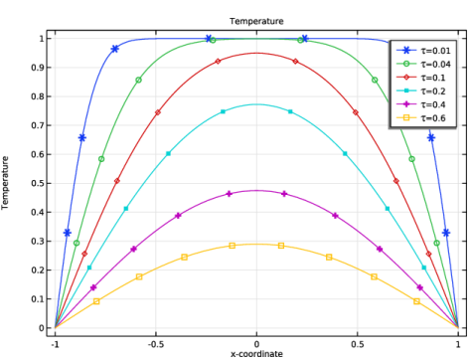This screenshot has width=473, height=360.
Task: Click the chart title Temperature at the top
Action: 256,21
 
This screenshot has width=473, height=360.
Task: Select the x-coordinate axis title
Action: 256,354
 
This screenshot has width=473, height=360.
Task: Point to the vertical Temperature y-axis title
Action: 5,183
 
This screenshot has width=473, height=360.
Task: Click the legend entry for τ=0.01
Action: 423,51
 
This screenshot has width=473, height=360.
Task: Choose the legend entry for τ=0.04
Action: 423,64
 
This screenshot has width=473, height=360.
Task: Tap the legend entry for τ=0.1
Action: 421,78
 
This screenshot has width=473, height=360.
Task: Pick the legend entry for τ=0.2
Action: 421,91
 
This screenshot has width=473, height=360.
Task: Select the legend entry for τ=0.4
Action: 421,104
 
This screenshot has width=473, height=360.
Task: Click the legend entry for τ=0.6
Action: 421,118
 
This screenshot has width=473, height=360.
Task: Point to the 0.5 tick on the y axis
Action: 38,183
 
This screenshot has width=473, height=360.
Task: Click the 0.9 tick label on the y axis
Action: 38,68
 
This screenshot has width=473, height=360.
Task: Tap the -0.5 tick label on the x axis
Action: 156,344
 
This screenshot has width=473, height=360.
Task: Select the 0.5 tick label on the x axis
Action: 357,344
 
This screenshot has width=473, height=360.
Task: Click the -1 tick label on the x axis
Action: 55,344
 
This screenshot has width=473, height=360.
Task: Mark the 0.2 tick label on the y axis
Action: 38,270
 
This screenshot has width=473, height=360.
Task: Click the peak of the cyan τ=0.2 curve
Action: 256,104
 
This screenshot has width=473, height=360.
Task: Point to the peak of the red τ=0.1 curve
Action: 256,53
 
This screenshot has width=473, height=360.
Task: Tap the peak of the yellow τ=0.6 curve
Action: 256,245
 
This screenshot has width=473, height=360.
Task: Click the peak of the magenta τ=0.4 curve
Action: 256,191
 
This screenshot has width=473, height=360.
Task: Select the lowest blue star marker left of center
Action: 68,233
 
